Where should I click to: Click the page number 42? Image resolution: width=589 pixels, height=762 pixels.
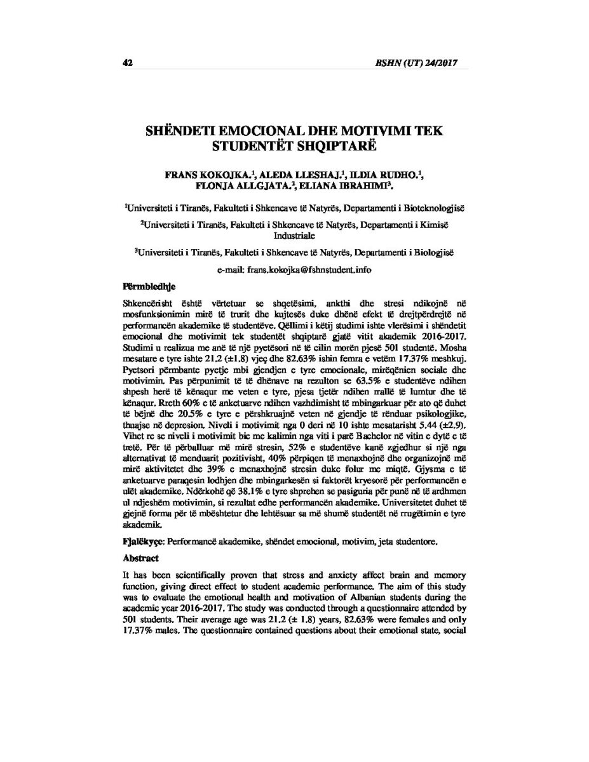(126, 63)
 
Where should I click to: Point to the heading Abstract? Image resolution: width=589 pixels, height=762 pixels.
(140, 560)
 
